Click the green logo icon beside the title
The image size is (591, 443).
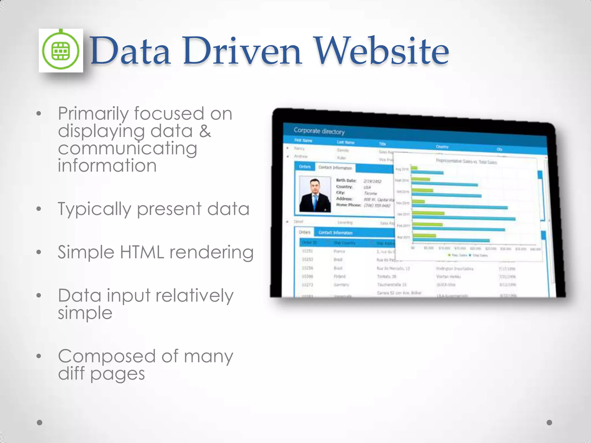[61, 51]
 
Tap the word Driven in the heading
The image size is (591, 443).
[242, 51]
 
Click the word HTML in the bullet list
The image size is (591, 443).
[142, 252]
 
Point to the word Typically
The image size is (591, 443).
[94, 209]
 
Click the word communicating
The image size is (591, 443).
[128, 149]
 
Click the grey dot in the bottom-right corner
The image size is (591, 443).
[549, 423]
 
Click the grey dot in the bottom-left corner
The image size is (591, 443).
[40, 423]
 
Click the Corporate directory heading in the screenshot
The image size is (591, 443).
[319, 131]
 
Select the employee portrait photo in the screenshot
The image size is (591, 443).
[315, 194]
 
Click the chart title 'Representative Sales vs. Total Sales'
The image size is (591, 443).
[466, 162]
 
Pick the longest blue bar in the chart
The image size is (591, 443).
[463, 219]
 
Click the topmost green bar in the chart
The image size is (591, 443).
[414, 168]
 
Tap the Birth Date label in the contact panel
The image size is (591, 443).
[346, 181]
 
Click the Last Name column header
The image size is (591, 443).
[345, 142]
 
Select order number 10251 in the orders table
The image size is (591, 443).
[307, 251]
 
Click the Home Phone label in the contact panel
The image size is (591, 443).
[349, 205]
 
